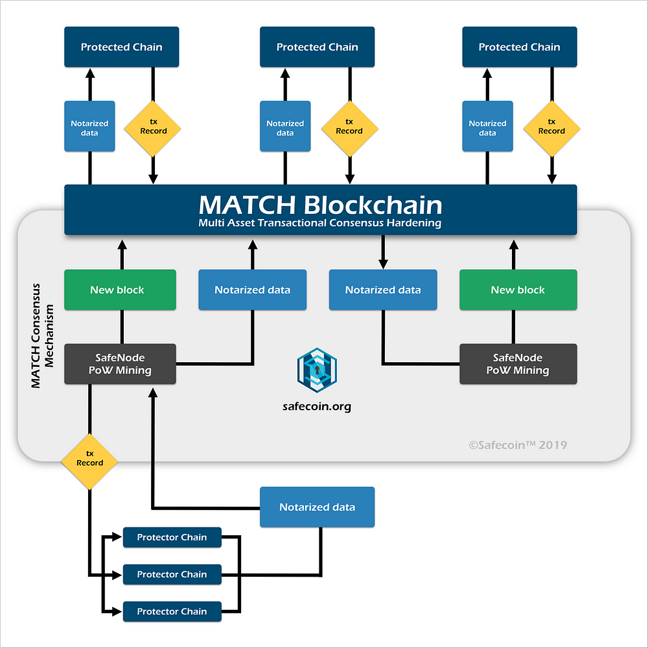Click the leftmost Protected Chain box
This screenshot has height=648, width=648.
point(122,47)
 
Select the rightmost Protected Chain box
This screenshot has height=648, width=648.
point(520,47)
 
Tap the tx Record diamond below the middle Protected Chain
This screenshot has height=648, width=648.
point(350,129)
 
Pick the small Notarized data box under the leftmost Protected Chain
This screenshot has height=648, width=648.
point(89,126)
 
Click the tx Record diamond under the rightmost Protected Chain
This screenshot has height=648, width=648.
point(551,129)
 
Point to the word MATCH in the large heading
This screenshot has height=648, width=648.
point(247,205)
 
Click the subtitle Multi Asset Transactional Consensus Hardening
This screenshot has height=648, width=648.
point(320,223)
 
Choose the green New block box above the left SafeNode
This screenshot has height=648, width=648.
point(120,290)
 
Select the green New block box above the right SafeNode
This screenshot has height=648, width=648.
point(518,290)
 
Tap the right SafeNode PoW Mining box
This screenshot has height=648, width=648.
point(518,364)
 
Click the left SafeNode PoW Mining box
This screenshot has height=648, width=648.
point(120,364)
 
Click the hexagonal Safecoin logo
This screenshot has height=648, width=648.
point(317,370)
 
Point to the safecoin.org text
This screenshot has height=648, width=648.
point(317,407)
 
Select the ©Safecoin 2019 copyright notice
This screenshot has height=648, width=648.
point(518,445)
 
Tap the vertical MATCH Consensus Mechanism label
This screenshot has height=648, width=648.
point(42,336)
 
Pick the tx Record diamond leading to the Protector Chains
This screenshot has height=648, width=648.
point(89,461)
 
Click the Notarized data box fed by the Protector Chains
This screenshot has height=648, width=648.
point(317,507)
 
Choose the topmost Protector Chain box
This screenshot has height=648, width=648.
point(172,537)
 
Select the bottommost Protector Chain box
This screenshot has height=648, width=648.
point(172,612)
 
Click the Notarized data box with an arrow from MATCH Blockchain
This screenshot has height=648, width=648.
point(383,290)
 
